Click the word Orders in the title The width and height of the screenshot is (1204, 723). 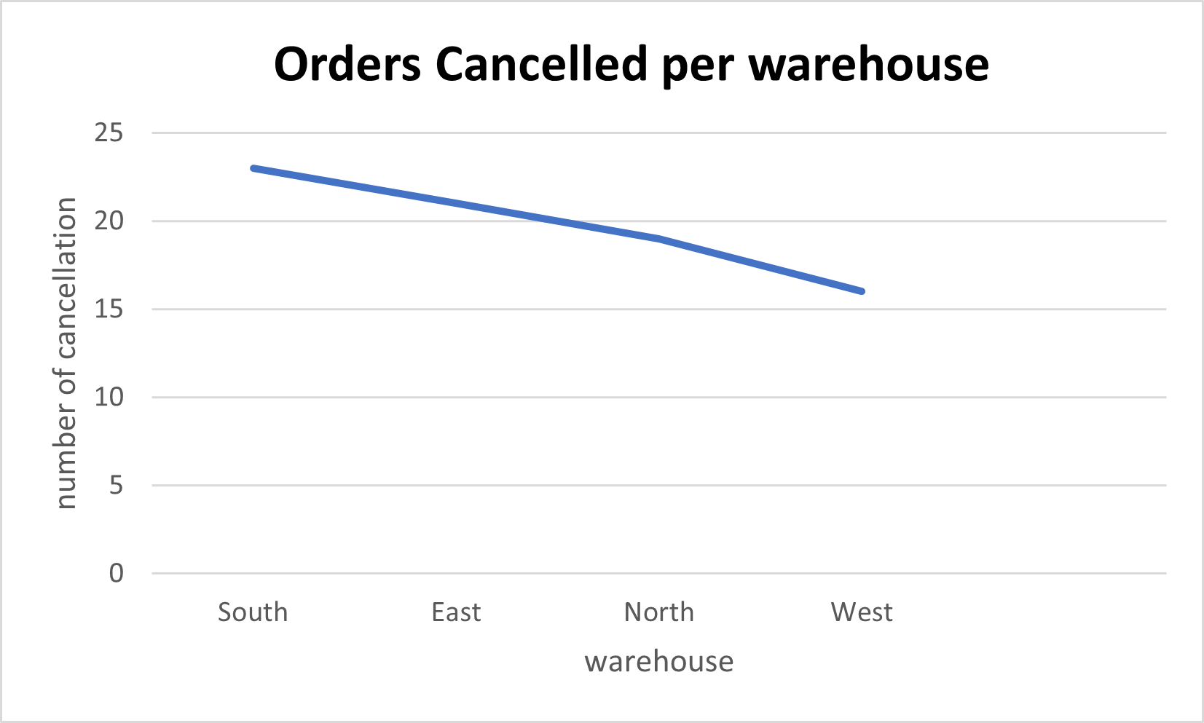(x=347, y=64)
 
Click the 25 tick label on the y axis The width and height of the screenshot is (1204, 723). (x=109, y=133)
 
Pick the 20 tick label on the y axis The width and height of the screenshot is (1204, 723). (x=109, y=221)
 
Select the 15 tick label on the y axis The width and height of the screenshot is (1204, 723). (x=109, y=309)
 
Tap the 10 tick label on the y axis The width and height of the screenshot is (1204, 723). (x=109, y=398)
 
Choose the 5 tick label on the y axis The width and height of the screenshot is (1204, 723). (x=116, y=486)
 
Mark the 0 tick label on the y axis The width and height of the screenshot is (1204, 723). (x=116, y=574)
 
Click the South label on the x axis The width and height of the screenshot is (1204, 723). (x=253, y=612)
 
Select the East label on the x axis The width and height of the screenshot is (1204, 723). (x=456, y=612)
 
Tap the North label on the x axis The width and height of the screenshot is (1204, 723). (x=659, y=612)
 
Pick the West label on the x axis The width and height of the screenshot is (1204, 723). (x=862, y=612)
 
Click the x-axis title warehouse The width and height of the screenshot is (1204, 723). (x=659, y=662)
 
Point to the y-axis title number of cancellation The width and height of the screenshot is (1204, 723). (x=66, y=353)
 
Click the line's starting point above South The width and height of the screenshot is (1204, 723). (x=253, y=168)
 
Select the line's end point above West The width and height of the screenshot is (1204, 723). (x=862, y=291)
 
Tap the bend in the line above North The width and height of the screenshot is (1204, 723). (x=659, y=239)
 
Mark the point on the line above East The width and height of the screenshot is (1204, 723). (x=456, y=203)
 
